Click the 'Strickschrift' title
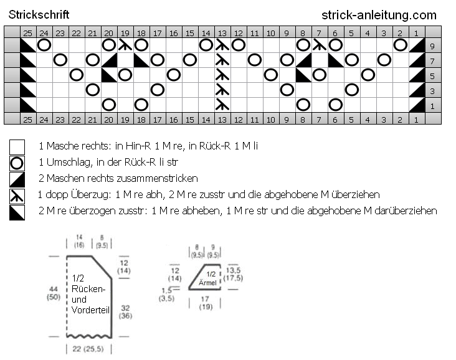point(39,15)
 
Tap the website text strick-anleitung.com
point(379,15)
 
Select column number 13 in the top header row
point(222,34)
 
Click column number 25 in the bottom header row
point(27,120)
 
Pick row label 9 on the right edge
point(432,46)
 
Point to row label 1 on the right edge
point(432,106)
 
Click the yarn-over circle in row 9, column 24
point(44,45)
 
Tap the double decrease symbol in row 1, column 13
point(222,105)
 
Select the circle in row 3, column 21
point(93,90)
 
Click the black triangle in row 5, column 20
point(109,75)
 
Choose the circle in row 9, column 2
point(400,45)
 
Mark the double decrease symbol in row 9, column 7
point(320,45)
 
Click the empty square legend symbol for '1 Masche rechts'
point(17,147)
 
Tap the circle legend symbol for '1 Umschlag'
point(17,163)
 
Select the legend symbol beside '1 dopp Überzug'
point(17,196)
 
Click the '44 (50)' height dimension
point(54,293)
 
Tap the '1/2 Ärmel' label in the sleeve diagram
point(207,278)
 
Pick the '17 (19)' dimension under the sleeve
point(206,303)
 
